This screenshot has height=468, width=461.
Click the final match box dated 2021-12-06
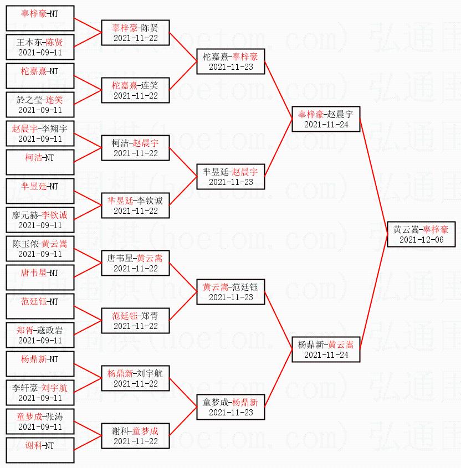421,234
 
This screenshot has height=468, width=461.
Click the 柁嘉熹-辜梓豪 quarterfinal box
230,61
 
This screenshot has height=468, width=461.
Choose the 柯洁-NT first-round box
40,162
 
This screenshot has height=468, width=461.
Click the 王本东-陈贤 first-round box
40,47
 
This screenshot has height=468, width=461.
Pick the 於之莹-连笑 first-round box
40,105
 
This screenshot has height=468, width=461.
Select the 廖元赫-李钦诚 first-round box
40,220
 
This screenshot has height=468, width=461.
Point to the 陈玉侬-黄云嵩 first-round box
40,249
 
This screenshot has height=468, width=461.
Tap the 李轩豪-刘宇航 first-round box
40,393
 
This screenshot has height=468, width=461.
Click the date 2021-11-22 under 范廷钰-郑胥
135,326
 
